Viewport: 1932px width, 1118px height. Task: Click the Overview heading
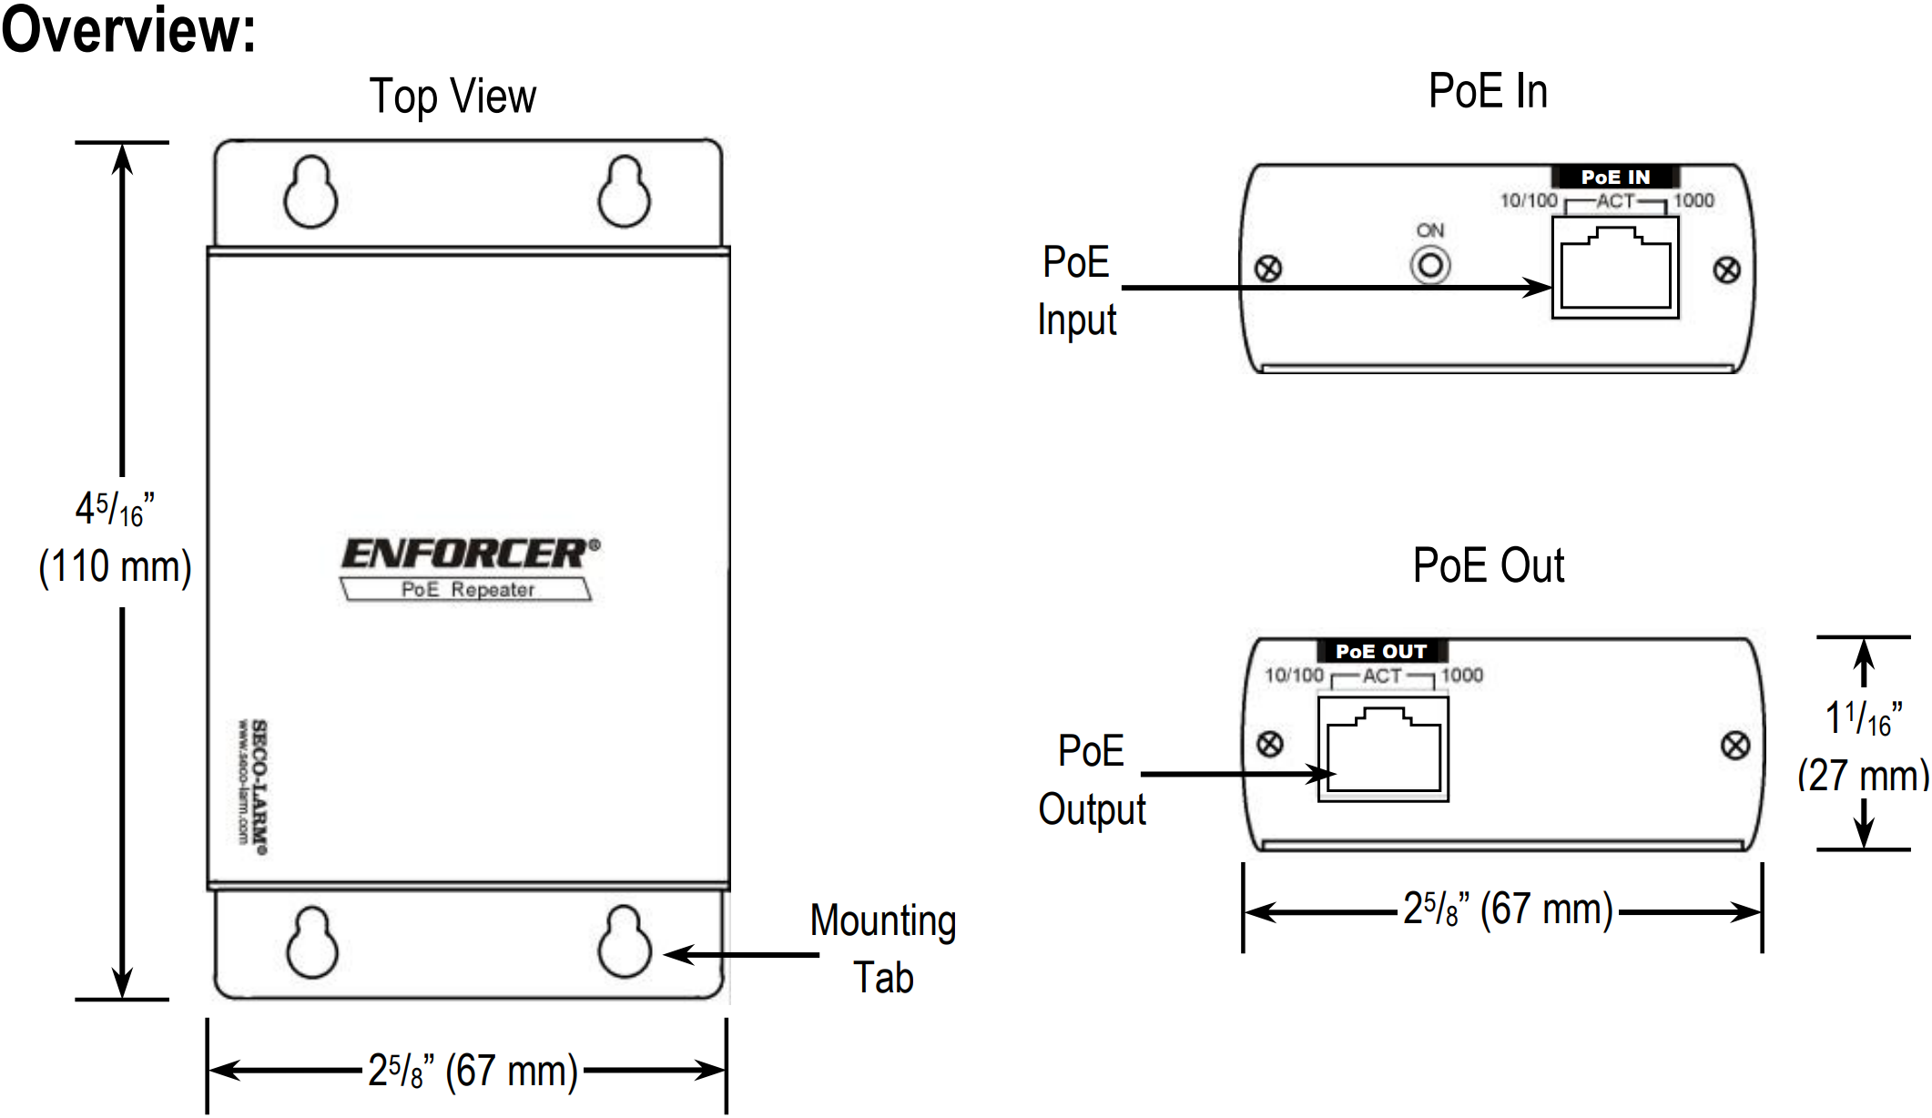pyautogui.click(x=128, y=29)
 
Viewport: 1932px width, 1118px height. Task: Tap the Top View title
pyautogui.click(x=452, y=97)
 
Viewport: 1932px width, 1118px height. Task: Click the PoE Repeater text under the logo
pyautogui.click(x=467, y=590)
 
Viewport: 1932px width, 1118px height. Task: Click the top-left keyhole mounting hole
pyautogui.click(x=310, y=194)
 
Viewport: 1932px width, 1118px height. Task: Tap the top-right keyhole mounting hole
pyautogui.click(x=625, y=193)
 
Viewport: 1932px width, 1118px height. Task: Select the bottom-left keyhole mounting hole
pyautogui.click(x=311, y=943)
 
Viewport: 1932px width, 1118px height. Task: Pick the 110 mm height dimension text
pyautogui.click(x=115, y=566)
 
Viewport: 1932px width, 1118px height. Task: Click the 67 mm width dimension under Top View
pyautogui.click(x=473, y=1071)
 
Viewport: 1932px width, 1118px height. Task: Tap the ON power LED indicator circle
pyautogui.click(x=1429, y=266)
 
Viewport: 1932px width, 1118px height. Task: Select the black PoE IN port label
pyautogui.click(x=1615, y=177)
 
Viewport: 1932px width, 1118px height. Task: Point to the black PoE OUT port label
pyautogui.click(x=1381, y=651)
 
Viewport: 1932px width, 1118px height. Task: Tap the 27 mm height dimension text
pyautogui.click(x=1863, y=776)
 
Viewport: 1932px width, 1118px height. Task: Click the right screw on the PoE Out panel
pyautogui.click(x=1735, y=746)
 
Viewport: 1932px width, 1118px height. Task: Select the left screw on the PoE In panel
pyautogui.click(x=1268, y=269)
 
